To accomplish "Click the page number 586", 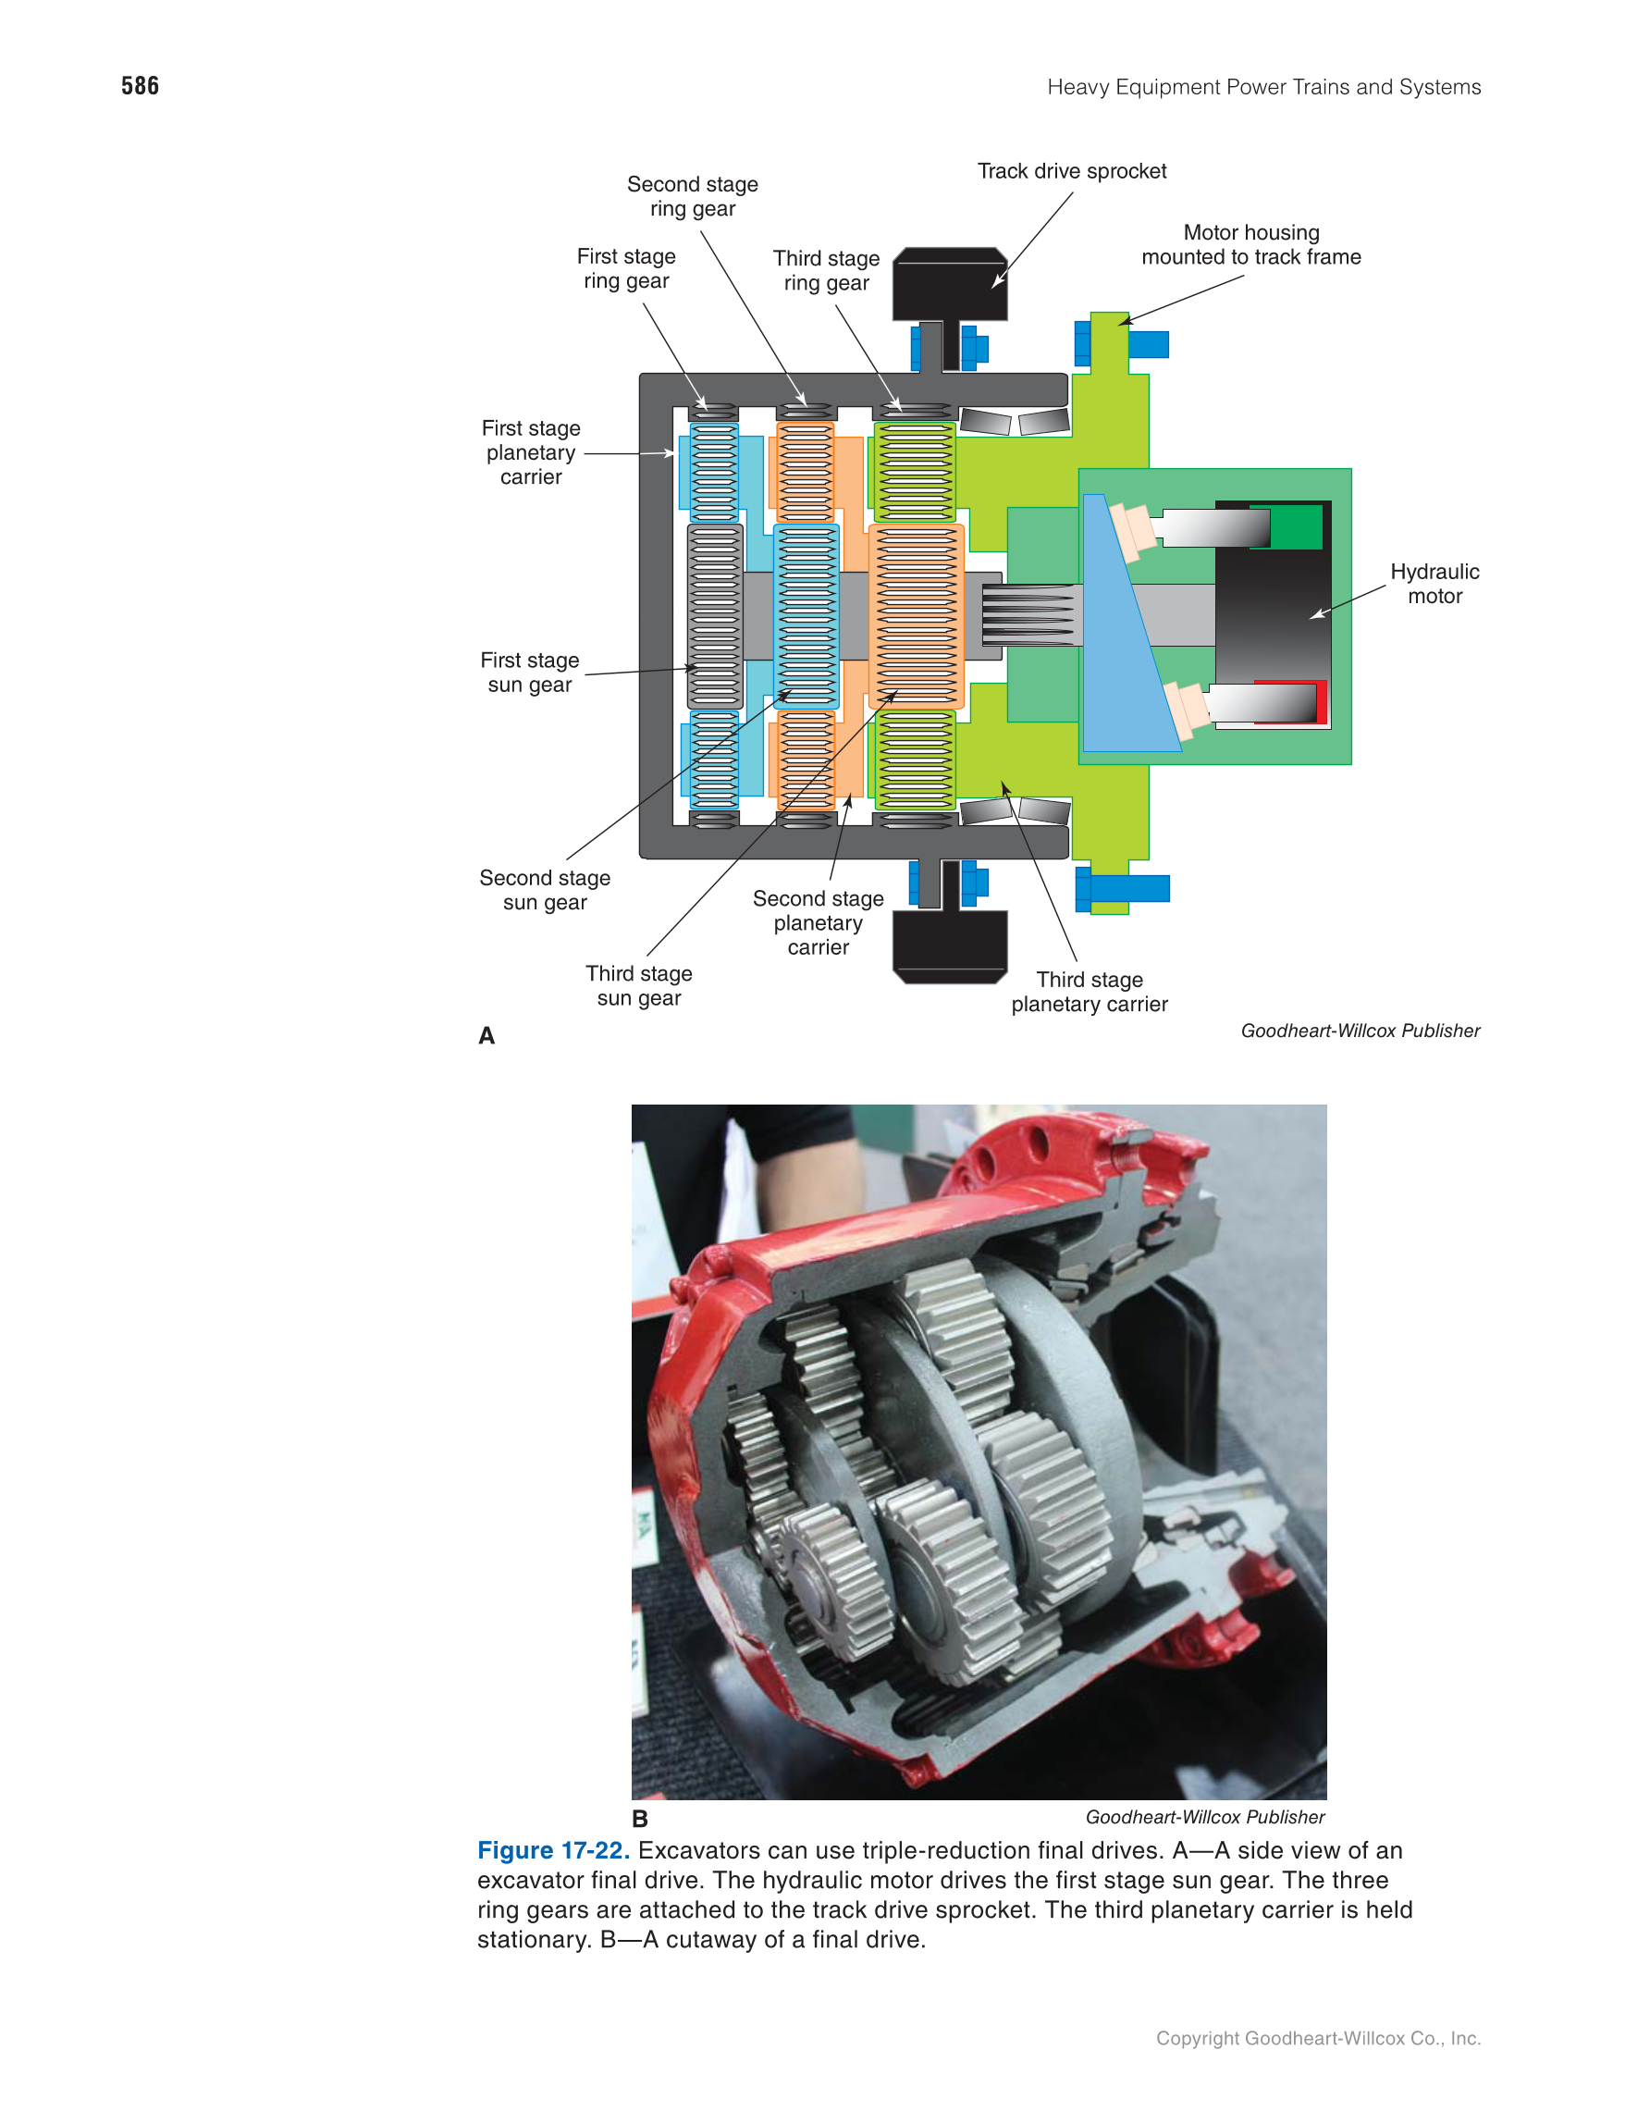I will (x=141, y=86).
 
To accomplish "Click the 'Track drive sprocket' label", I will (x=1071, y=171).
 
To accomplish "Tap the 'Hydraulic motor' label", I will (x=1434, y=583).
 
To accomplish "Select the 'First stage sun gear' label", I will (x=530, y=673).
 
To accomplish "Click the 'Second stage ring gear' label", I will (x=692, y=196).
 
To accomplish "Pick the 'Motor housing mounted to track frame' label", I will (x=1250, y=244).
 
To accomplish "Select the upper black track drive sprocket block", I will (x=949, y=283).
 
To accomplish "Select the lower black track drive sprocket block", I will (x=949, y=946).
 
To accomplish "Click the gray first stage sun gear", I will (x=714, y=616).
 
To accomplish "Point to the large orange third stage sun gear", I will (x=916, y=616).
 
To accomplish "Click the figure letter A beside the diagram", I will (x=486, y=1036).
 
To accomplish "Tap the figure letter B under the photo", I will (x=640, y=1819).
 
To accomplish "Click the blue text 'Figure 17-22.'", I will (x=553, y=1851).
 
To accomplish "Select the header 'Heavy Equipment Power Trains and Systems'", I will (x=1263, y=87).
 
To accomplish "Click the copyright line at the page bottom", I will (x=1317, y=2039).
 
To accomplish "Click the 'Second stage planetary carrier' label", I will (x=818, y=922).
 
